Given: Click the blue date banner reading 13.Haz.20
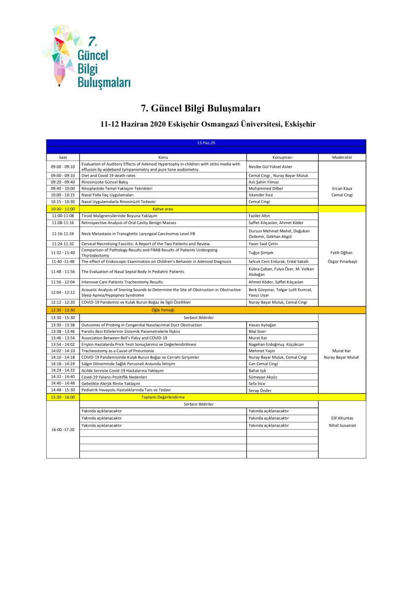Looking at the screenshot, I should [x=206, y=142].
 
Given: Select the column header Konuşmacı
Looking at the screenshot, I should [x=282, y=157].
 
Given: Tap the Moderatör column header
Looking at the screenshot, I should [x=342, y=157].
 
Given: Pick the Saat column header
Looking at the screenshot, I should [x=63, y=157].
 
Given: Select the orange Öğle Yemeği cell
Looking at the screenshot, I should [x=163, y=310].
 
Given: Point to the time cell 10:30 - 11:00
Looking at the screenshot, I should [x=63, y=209].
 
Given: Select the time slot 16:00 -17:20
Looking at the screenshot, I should [x=63, y=429].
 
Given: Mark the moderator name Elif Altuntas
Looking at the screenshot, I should [x=342, y=418].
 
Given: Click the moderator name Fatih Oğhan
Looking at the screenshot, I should [x=342, y=253].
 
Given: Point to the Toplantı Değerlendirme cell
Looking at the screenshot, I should [x=163, y=397].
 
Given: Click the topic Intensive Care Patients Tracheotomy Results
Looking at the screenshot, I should [x=122, y=282].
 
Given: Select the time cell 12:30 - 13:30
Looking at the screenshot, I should [x=63, y=310].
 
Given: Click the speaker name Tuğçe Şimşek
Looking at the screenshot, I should [x=261, y=253].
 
